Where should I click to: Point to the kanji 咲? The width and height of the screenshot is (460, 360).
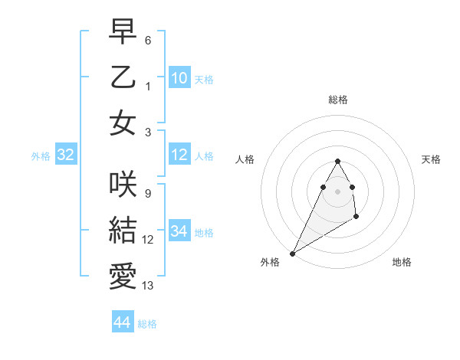point(123,184)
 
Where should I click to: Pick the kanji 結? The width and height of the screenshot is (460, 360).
point(123,230)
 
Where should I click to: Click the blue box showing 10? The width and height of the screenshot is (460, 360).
point(179,78)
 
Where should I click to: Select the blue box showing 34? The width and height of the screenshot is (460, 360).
point(179,231)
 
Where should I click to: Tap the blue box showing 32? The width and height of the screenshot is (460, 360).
point(65,155)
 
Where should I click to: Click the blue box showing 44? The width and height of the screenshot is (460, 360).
point(122,322)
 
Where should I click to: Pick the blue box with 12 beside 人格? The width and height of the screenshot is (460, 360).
point(179,155)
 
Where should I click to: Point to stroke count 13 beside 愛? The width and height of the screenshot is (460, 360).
point(148,286)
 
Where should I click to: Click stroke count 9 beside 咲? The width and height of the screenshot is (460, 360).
point(147,194)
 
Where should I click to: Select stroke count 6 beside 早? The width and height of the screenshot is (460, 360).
point(147,40)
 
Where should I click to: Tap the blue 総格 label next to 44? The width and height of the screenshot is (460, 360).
point(147,324)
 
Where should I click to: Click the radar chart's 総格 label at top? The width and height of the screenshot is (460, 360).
point(338,100)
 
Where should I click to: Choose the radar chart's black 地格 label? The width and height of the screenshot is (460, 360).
point(402,262)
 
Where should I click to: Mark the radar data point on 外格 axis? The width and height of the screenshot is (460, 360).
point(292,253)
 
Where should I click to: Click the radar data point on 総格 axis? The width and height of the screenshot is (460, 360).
point(338,161)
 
